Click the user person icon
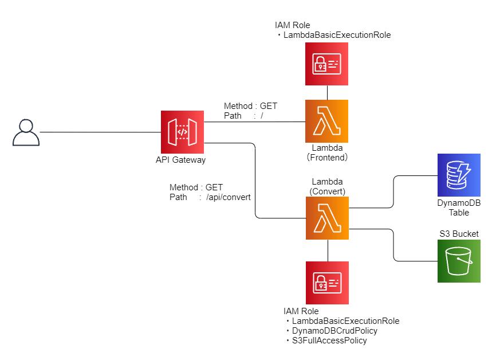pos(26,133)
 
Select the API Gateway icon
pos(183,132)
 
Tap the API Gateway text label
pos(180,160)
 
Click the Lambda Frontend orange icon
pos(326,122)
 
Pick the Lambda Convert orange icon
pos(327,218)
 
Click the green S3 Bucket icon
pos(459,261)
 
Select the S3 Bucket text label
pos(459,234)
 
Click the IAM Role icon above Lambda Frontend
pos(326,64)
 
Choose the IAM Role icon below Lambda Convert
pos(327,283)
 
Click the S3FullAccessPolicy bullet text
pos(329,341)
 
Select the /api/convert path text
pos(228,197)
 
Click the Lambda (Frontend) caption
pos(327,152)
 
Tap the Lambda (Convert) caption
pos(327,186)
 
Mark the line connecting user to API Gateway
pos(100,132)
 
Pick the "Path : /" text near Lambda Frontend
pos(243,116)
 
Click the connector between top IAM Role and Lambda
pos(327,92)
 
